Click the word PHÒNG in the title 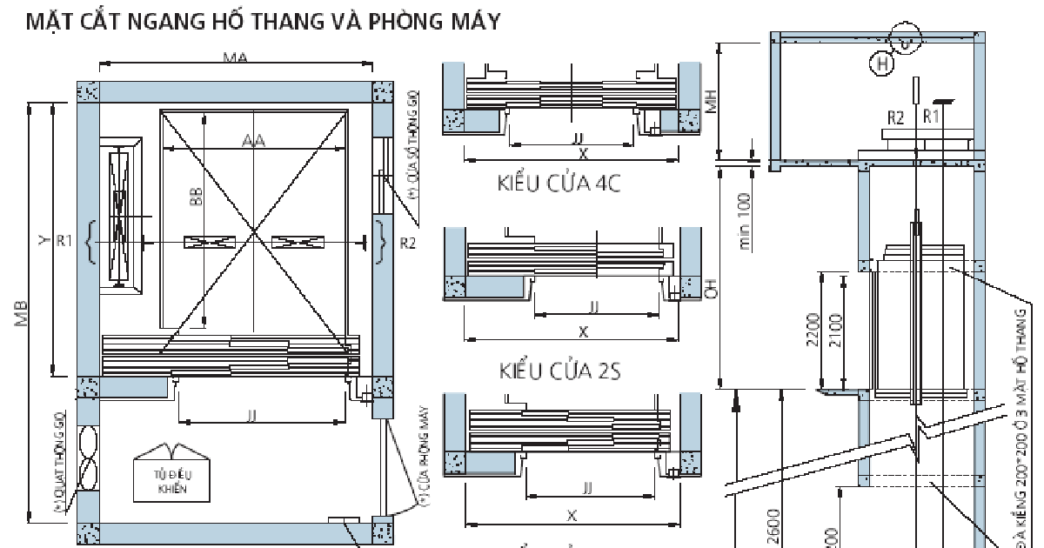pos(405,22)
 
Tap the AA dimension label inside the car pos(253,139)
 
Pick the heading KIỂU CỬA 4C pos(559,184)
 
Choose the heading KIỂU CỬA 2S pos(559,371)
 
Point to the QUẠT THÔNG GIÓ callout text pos(59,461)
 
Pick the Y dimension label pos(43,241)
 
